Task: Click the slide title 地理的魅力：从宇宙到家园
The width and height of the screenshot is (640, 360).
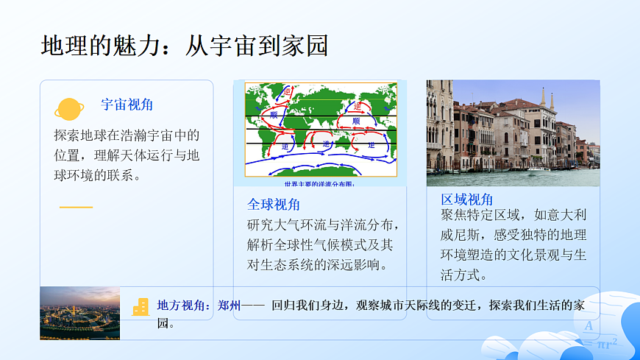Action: pyautogui.click(x=184, y=46)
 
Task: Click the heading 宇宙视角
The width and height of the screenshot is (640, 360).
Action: pyautogui.click(x=127, y=105)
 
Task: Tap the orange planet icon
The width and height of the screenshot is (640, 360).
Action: pyautogui.click(x=69, y=109)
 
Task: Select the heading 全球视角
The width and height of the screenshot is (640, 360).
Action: pyautogui.click(x=273, y=205)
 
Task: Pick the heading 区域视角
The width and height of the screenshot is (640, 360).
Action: pyautogui.click(x=467, y=200)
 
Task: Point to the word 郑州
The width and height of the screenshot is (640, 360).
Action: pyautogui.click(x=230, y=306)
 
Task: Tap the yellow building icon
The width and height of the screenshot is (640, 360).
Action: pyautogui.click(x=141, y=307)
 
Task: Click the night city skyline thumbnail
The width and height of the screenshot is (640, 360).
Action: pyautogui.click(x=79, y=313)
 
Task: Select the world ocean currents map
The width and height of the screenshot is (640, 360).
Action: pyautogui.click(x=320, y=129)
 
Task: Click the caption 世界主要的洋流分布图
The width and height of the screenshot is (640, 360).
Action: pyautogui.click(x=319, y=183)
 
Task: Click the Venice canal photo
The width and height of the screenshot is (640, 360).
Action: pyautogui.click(x=513, y=133)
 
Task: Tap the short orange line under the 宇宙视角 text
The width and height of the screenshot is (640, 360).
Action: pyautogui.click(x=76, y=207)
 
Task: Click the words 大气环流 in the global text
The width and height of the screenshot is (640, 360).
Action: pyautogui.click(x=313, y=225)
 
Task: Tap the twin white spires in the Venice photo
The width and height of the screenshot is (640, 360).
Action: pyautogui.click(x=547, y=100)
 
